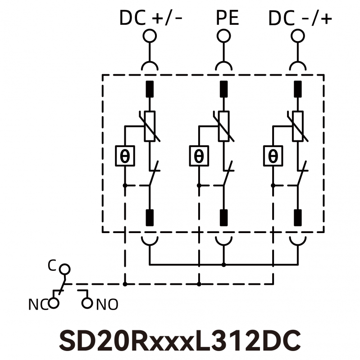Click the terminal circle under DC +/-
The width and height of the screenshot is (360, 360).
coord(150,35)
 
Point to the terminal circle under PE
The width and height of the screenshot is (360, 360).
coord(224,35)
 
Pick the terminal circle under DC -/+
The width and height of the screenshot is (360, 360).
coord(297,35)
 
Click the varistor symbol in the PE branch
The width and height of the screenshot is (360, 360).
coord(224,126)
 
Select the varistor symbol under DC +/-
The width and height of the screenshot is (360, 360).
coord(150,126)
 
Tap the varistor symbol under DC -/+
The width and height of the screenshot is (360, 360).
coord(297,126)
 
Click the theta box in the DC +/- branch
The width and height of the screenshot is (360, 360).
coord(125,156)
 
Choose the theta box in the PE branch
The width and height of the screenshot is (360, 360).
coord(199,156)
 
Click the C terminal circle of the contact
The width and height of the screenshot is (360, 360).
coord(66,269)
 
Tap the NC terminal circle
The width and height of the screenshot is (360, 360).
coord(54,303)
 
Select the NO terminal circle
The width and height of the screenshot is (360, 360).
coord(87,303)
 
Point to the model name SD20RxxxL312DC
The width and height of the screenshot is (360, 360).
coord(180,340)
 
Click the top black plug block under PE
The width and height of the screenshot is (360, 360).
coord(224,89)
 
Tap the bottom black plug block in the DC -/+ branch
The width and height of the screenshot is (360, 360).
coord(297,217)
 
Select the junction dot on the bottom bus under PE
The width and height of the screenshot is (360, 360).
coord(224,265)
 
